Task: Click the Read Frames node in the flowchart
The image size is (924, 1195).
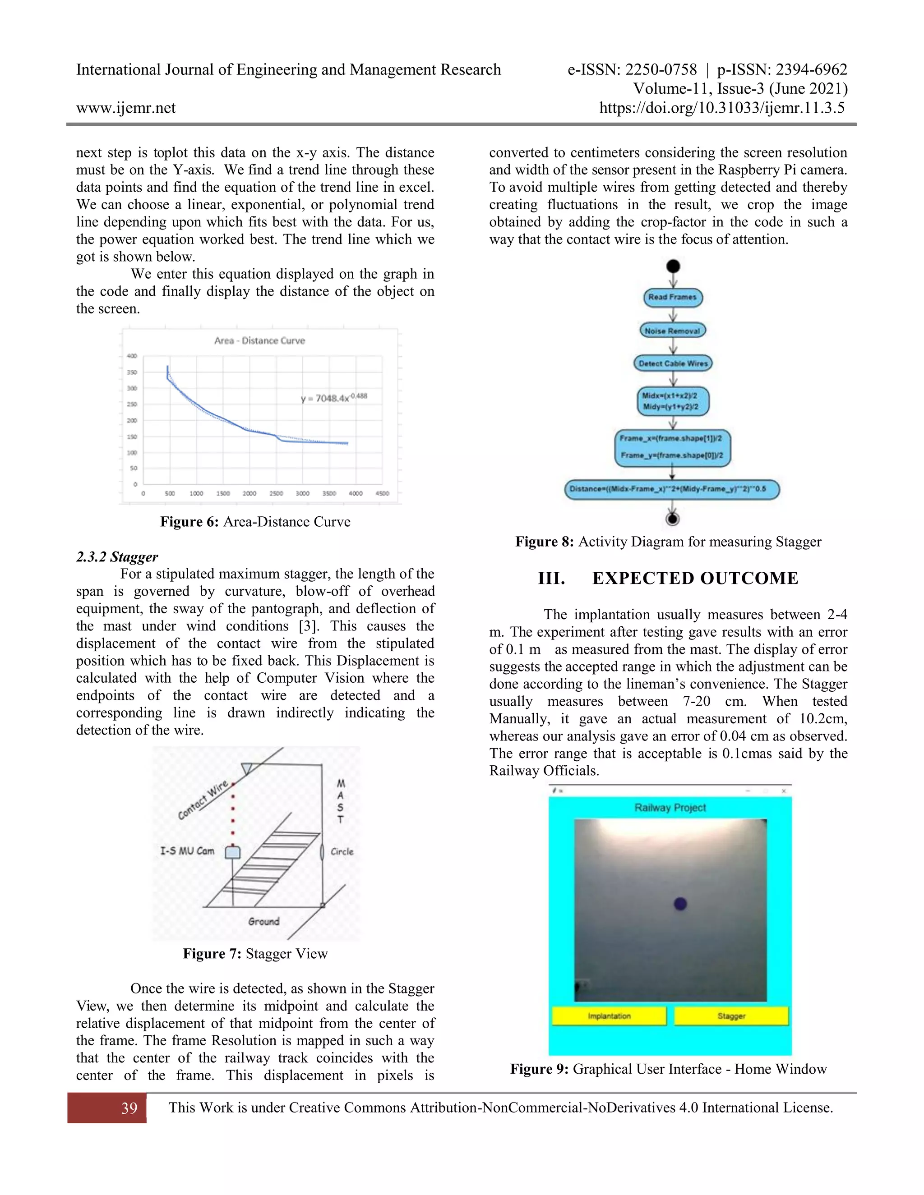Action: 672,297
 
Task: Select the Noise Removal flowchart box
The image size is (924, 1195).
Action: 672,331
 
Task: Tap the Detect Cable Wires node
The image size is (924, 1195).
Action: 673,363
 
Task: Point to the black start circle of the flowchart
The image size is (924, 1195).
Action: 673,267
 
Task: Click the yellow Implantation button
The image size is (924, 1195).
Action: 609,1016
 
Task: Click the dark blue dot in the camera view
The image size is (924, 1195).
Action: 680,903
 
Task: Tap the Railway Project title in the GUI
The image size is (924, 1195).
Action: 670,808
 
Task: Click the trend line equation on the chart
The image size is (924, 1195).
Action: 333,398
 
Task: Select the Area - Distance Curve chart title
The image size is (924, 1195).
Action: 259,340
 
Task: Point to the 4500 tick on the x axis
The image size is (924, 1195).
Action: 382,493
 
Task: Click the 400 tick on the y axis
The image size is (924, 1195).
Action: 132,356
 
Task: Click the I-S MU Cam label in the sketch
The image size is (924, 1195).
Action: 187,851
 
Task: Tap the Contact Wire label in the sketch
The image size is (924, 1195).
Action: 203,800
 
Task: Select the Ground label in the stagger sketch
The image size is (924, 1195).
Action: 264,921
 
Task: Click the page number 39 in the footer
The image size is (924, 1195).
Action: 129,1108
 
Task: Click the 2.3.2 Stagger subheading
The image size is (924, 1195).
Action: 117,557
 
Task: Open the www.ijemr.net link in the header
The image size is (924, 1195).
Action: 126,108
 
